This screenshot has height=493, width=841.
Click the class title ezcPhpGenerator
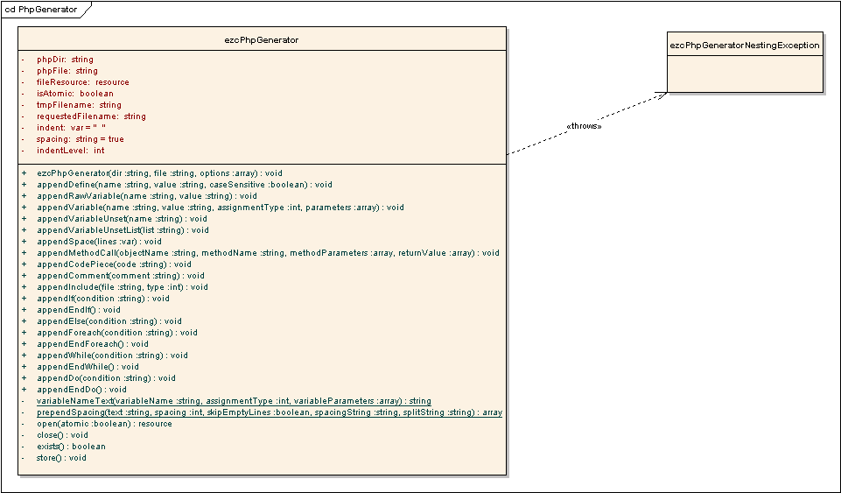pyautogui.click(x=262, y=39)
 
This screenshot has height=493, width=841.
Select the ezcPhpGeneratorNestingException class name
pyautogui.click(x=745, y=45)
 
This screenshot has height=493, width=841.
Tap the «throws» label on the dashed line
pyautogui.click(x=584, y=126)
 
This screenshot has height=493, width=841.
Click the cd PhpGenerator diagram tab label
pyautogui.click(x=40, y=10)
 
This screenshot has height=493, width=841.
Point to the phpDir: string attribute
pyautogui.click(x=65, y=60)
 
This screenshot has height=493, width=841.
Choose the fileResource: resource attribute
pyautogui.click(x=82, y=82)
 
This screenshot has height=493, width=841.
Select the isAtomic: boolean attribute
pyautogui.click(x=74, y=94)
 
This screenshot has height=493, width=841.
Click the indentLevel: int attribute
pyautogui.click(x=70, y=151)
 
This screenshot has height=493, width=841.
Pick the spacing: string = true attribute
pyautogui.click(x=80, y=139)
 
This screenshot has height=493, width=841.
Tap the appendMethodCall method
pyautogui.click(x=268, y=253)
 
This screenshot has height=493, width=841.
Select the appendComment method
pyautogui.click(x=121, y=276)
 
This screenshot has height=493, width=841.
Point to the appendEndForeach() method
pyautogui.click(x=93, y=344)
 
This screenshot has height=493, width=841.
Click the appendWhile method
pyautogui.click(x=112, y=356)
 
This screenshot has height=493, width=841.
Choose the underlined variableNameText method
pyautogui.click(x=234, y=401)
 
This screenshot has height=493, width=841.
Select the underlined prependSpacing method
pyautogui.click(x=269, y=412)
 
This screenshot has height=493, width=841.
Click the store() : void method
pyautogui.click(x=61, y=458)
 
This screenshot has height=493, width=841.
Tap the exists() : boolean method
pyautogui.click(x=71, y=447)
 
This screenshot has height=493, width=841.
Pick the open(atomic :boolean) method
pyautogui.click(x=104, y=424)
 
